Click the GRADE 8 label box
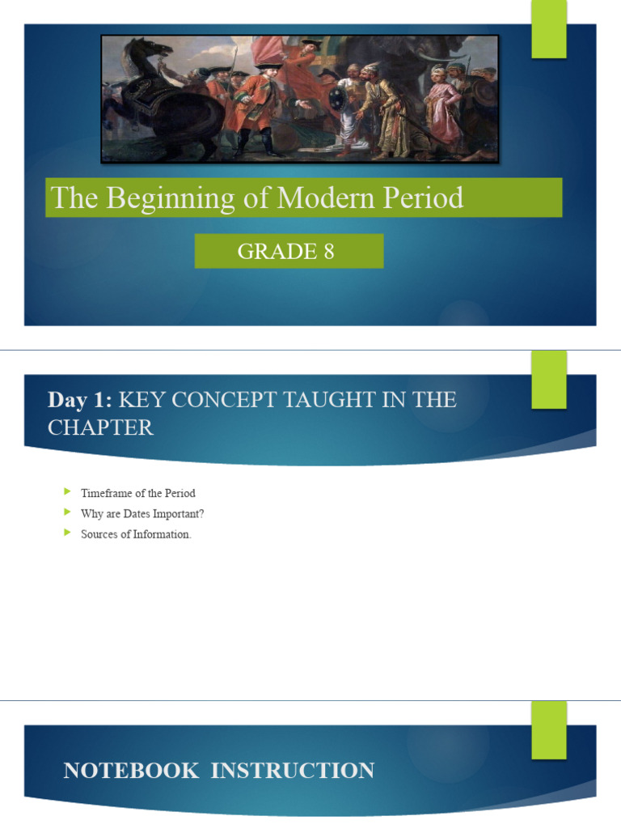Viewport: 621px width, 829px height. (289, 251)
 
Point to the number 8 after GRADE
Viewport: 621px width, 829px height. (328, 251)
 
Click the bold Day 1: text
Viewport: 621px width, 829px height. (82, 400)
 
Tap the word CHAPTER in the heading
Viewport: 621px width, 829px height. (100, 427)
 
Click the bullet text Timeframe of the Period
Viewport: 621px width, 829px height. (137, 493)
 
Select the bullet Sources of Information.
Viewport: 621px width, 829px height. (136, 535)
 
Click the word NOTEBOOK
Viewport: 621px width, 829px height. (131, 771)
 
